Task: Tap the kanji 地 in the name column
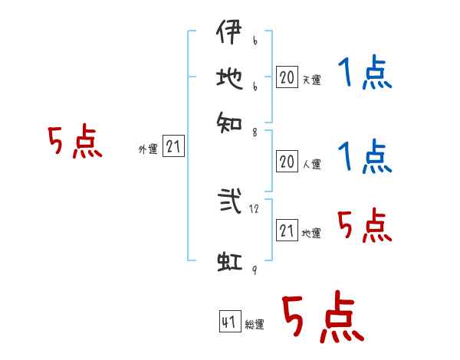228,78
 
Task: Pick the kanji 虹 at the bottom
229,260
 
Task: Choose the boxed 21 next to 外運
173,147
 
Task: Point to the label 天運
311,80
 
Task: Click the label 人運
311,164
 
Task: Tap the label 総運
254,325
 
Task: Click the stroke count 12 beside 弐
255,208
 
